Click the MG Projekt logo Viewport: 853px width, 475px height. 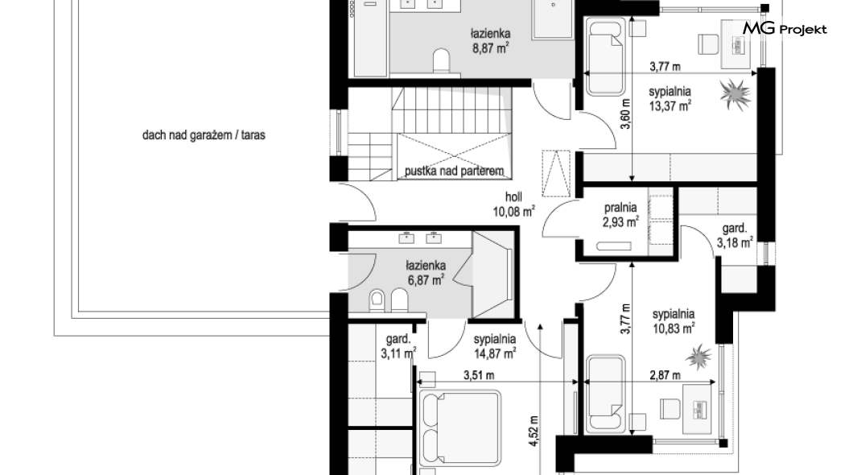click(x=785, y=29)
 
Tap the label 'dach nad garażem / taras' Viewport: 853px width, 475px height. click(x=204, y=135)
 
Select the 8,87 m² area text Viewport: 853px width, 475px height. click(x=491, y=48)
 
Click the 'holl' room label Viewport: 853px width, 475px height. click(x=513, y=197)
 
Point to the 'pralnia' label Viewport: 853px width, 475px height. click(x=620, y=207)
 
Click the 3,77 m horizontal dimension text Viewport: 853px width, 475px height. click(x=665, y=67)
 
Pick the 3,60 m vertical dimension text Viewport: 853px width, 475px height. click(x=625, y=114)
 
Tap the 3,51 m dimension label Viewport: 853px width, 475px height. click(x=479, y=375)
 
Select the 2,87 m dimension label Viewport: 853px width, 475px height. click(x=665, y=375)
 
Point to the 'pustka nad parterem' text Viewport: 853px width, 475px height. click(x=454, y=171)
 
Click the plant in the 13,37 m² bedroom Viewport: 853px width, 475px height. click(x=735, y=95)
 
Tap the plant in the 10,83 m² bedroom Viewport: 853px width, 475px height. click(x=698, y=357)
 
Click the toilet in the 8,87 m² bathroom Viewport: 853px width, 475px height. click(x=443, y=60)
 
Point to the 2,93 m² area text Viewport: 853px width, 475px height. click(x=620, y=222)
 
